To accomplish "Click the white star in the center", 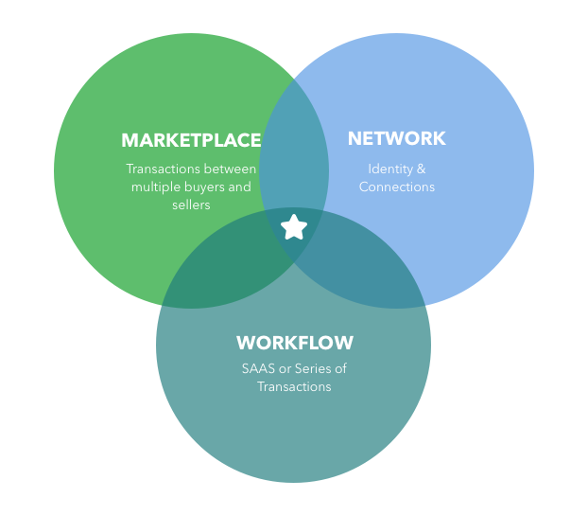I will pos(294,227).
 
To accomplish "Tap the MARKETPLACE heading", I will pos(191,140).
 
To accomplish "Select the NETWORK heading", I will pos(396,138).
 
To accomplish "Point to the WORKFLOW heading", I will pos(295,343).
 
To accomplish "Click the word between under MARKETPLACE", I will pos(231,169).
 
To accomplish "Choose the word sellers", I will pos(191,205).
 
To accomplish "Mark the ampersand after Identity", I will pos(421,169).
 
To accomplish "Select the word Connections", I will pos(397,187).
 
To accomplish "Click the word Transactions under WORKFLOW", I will pos(294,386).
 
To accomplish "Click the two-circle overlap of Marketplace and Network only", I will pos(294,151).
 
